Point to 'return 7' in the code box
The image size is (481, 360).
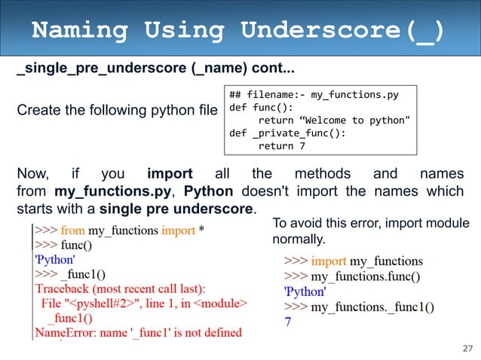click(281, 146)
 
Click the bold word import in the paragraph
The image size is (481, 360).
click(170, 175)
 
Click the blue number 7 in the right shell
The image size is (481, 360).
click(287, 322)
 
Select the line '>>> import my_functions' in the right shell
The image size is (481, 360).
click(353, 261)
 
